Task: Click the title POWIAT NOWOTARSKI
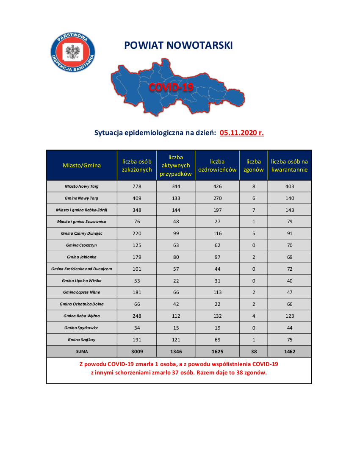178,45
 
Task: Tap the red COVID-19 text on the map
171,87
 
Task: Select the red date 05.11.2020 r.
242,133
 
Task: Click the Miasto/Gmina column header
82,165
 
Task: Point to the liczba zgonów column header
254,166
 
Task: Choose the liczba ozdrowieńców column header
217,166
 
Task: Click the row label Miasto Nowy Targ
82,186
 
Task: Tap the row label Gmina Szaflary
82,339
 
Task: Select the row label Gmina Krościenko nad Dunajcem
82,269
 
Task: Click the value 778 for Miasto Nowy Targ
136,186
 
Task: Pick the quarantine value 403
290,186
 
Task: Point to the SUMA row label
82,351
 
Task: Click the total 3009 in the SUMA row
136,351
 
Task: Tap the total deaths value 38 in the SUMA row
254,351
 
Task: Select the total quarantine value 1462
290,351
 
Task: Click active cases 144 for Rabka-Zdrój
176,210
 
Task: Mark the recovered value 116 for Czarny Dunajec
217,233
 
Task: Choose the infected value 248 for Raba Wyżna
136,316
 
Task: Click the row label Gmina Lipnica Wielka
82,280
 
